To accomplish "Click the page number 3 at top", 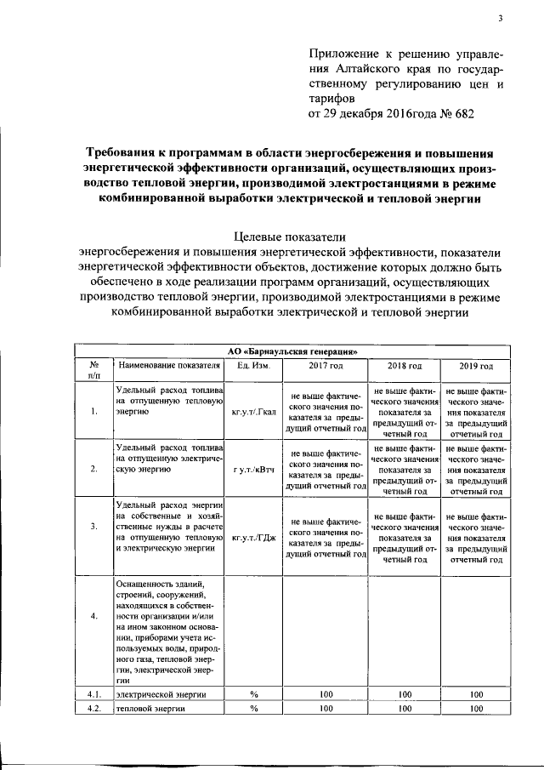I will click(x=501, y=19).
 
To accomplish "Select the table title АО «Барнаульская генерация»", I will click(x=292, y=350).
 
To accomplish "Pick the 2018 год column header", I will click(x=405, y=366).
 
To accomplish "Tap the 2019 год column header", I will click(x=476, y=366).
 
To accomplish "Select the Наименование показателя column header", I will click(x=169, y=366).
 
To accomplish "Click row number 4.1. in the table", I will click(x=93, y=694).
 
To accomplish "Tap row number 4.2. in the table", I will click(x=93, y=708).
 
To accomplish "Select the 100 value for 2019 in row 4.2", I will click(x=476, y=708).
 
